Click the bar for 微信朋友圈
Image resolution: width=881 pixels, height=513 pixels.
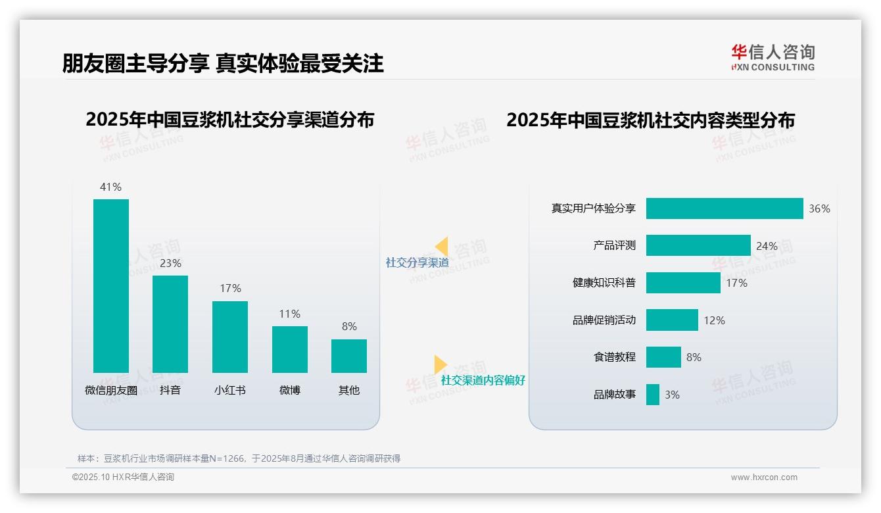point(111,285)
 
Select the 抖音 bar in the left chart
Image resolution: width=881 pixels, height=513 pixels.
point(170,324)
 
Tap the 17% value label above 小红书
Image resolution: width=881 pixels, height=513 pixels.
point(230,288)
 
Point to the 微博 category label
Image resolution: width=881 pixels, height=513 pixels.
point(289,390)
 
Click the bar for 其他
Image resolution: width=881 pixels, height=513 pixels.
point(349,356)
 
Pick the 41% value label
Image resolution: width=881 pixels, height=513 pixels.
point(110,187)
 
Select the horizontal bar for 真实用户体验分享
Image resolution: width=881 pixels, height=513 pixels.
point(725,208)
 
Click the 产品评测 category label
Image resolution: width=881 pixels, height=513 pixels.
point(614,245)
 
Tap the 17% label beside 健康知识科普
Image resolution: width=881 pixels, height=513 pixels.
point(736,283)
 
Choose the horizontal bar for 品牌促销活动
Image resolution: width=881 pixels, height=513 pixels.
point(672,320)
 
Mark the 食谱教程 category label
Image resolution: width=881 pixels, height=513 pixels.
point(614,357)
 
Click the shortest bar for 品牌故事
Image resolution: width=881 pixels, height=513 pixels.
point(653,395)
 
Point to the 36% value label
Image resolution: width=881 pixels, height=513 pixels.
point(819,208)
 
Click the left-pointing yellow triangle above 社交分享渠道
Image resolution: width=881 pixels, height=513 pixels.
point(442,247)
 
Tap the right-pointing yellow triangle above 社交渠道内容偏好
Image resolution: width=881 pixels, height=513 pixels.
point(440,364)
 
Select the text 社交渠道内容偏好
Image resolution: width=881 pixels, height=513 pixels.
point(483,380)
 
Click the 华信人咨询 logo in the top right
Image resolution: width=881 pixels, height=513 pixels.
point(773,57)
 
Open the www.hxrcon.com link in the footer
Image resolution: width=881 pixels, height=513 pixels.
point(764,477)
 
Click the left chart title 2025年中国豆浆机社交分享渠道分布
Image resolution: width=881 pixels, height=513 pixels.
point(229,120)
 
